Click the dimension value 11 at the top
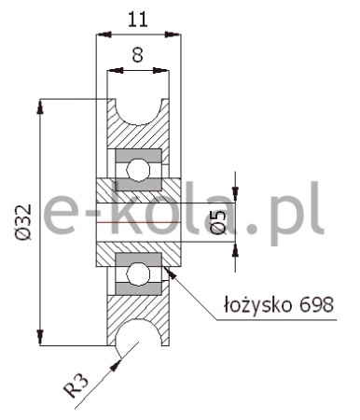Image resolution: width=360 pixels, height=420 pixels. [x=137, y=20]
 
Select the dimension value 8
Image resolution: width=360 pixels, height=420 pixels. [x=137, y=54]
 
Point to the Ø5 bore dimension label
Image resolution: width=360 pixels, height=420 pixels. [x=219, y=222]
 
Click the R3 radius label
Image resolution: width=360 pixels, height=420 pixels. [x=76, y=385]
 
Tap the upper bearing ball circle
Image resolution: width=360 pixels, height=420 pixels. [x=138, y=170]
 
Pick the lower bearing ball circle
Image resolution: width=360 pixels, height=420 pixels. [x=138, y=273]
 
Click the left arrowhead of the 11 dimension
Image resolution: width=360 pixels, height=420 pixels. [x=104, y=34]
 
